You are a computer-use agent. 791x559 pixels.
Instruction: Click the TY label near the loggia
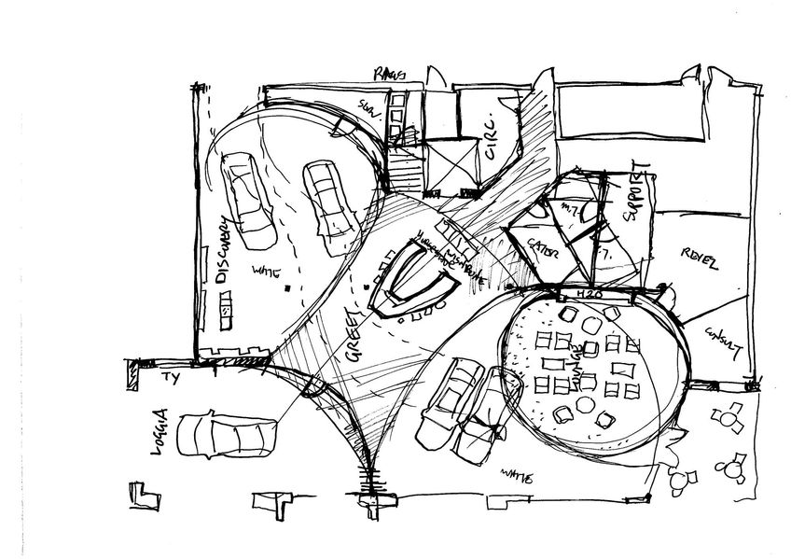tap(170, 377)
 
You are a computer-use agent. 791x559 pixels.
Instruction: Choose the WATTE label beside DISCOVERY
tap(267, 273)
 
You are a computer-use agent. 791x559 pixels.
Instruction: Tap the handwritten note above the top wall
tap(385, 72)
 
